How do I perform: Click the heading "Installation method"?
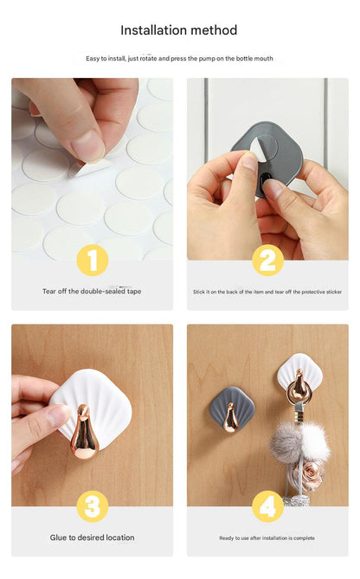pos(179,30)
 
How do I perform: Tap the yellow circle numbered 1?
pos(93,260)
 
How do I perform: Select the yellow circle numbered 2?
pos(267,260)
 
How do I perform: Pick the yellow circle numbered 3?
pos(93,506)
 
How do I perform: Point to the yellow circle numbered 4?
pos(267,506)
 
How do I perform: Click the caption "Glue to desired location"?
pos(93,537)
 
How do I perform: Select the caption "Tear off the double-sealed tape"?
pos(92,292)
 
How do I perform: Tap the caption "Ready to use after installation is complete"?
pos(267,538)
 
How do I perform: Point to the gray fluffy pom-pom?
pos(286,441)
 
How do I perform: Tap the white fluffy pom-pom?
pos(315,441)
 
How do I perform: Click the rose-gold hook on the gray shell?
pos(230,418)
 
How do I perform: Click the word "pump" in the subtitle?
pos(208,58)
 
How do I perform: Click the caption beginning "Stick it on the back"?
pos(267,292)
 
